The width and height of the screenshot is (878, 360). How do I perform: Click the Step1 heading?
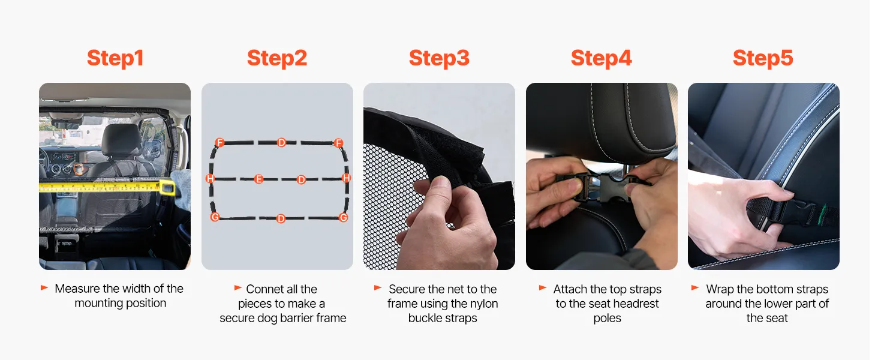(x=115, y=58)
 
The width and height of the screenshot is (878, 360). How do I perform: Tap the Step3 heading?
(x=439, y=58)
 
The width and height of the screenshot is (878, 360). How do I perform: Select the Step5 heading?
(x=763, y=58)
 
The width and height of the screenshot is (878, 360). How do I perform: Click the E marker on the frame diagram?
(x=258, y=179)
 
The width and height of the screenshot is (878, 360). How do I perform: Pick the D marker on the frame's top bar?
(x=281, y=142)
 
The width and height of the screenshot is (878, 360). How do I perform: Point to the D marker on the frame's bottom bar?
(x=281, y=218)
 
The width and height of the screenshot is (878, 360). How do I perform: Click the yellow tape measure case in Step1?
(x=167, y=187)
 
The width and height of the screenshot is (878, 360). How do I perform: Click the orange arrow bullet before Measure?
(x=44, y=288)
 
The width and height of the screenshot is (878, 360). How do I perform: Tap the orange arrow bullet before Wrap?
(x=695, y=288)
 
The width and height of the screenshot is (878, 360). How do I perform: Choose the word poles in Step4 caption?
(x=607, y=318)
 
